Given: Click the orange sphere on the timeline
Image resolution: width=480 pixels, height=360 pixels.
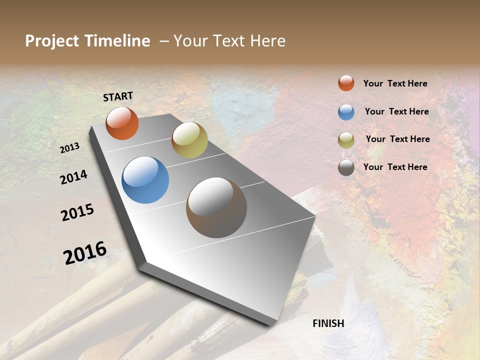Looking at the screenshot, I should pyautogui.click(x=122, y=123).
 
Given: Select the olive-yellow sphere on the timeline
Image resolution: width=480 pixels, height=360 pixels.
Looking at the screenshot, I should pyautogui.click(x=189, y=140).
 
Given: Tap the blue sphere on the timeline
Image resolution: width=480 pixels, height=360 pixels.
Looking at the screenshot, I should pyautogui.click(x=145, y=180).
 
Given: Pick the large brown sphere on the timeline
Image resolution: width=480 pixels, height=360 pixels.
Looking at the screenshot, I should pyautogui.click(x=216, y=207).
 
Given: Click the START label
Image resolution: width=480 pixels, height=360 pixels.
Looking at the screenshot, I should pyautogui.click(x=118, y=96).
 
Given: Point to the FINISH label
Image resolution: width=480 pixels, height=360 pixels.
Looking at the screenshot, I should pyautogui.click(x=328, y=323).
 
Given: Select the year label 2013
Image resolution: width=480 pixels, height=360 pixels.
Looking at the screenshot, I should pyautogui.click(x=70, y=148).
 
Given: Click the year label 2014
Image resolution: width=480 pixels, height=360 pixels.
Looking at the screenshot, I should pyautogui.click(x=73, y=177).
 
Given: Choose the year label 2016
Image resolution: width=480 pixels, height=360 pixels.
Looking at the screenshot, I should pyautogui.click(x=85, y=253).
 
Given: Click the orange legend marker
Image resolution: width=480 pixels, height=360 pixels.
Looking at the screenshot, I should pyautogui.click(x=346, y=83).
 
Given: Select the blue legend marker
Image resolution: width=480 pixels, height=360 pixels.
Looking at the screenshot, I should pyautogui.click(x=346, y=112).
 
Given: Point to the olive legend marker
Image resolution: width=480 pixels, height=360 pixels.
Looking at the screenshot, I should pyautogui.click(x=346, y=140).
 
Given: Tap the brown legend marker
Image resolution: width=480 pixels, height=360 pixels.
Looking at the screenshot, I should pyautogui.click(x=346, y=168).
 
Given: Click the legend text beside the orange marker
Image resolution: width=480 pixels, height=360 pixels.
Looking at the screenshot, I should pyautogui.click(x=395, y=84).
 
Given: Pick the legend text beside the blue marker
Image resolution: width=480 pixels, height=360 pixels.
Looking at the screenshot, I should pyautogui.click(x=396, y=111).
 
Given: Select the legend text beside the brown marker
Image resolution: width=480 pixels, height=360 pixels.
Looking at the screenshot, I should pyautogui.click(x=395, y=167).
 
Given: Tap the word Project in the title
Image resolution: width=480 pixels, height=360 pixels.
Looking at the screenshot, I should pyautogui.click(x=51, y=41).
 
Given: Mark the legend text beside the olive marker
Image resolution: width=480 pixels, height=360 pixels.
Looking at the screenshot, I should pyautogui.click(x=397, y=139).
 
